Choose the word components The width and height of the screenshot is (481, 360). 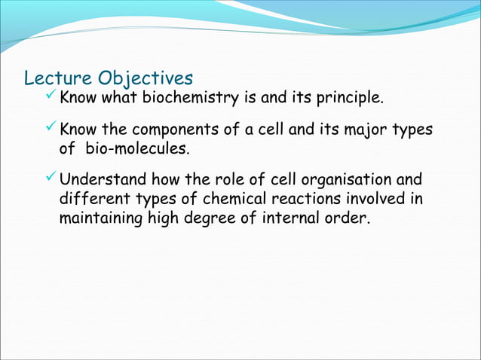pyautogui.click(x=168, y=131)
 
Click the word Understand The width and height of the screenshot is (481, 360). pyautogui.click(x=104, y=182)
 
